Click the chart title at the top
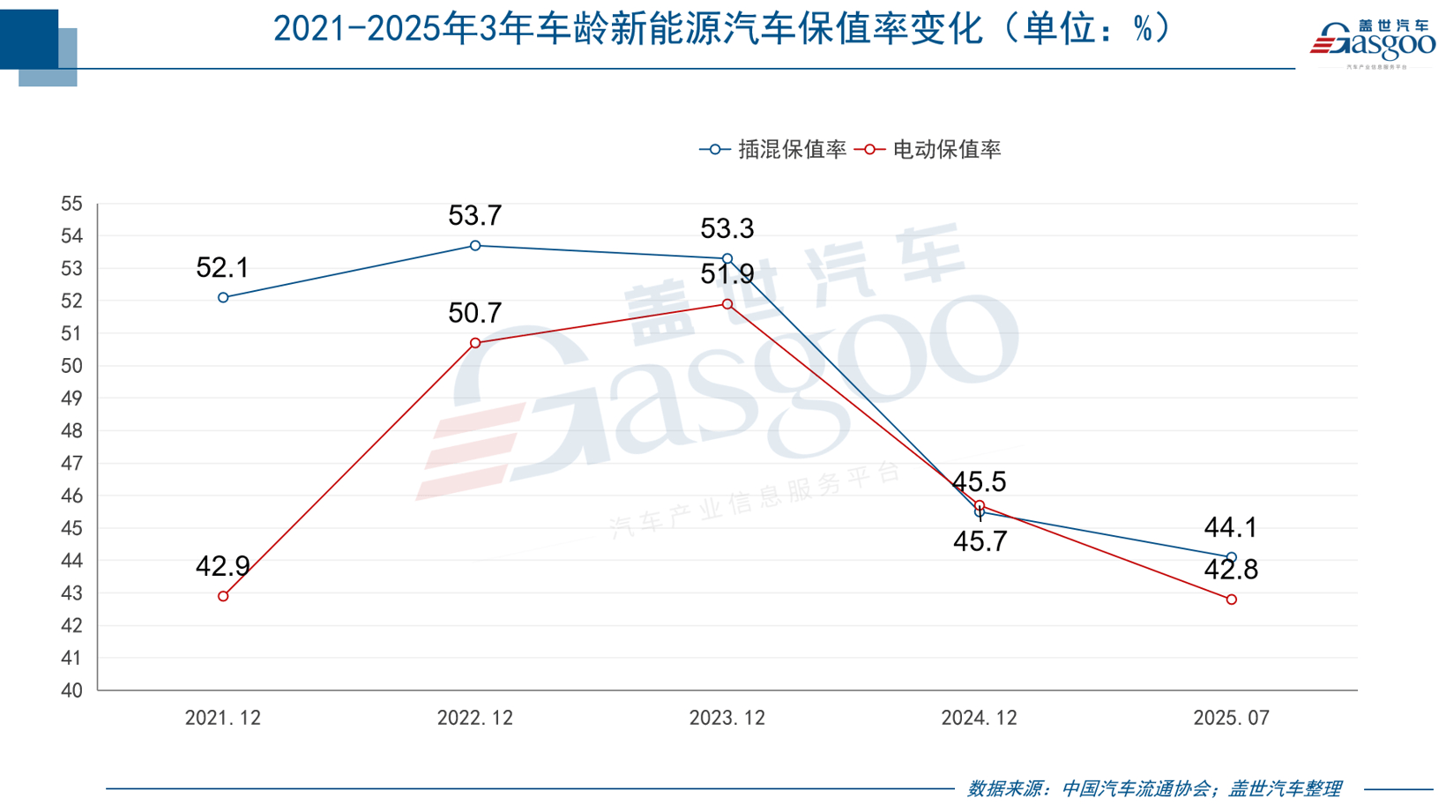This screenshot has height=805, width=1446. [x=723, y=30]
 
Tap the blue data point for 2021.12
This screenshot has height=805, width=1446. [x=223, y=298]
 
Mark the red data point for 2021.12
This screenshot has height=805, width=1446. [x=223, y=597]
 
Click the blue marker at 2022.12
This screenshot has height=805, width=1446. [x=475, y=246]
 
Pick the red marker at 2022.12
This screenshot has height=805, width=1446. [x=475, y=343]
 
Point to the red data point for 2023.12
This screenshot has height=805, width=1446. [x=727, y=304]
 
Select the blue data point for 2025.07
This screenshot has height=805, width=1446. [x=1232, y=557]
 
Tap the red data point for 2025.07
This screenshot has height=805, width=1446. [x=1232, y=600]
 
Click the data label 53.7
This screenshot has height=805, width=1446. [x=474, y=216]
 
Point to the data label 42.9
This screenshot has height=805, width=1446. [x=222, y=566]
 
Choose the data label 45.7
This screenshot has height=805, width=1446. [x=980, y=541]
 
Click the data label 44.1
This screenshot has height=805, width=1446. [x=1231, y=528]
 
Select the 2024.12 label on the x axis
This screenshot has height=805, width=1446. [x=979, y=719]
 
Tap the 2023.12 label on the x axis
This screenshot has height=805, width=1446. [x=727, y=719]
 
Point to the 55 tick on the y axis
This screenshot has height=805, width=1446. [x=71, y=205]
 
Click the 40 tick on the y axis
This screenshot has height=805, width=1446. [x=71, y=691]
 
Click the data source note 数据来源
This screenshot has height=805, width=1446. [x=1154, y=788]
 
